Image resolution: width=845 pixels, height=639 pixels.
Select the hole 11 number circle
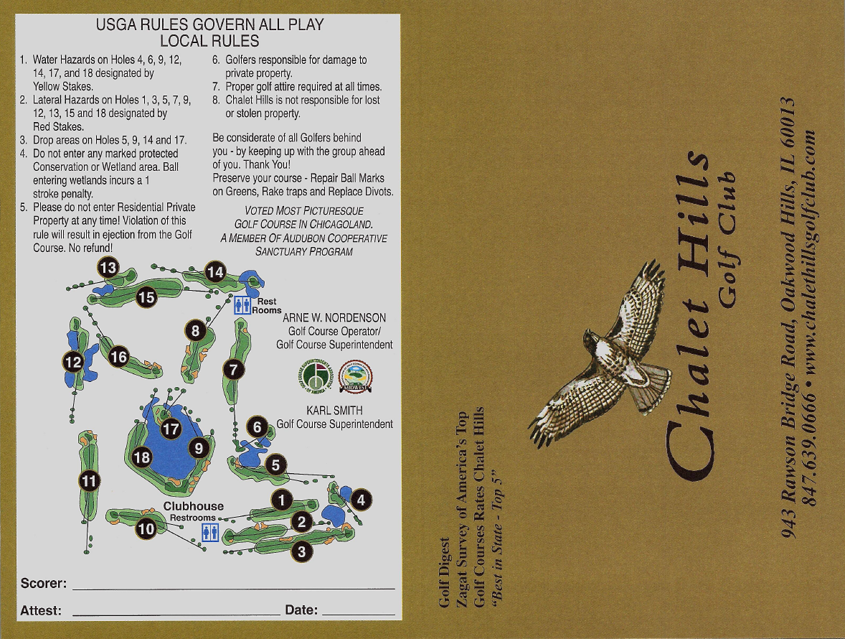point(89,480)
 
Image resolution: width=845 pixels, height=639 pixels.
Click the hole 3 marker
point(302,551)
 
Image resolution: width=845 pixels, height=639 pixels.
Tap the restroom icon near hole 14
point(242,305)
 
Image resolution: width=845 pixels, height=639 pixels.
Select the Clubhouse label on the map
point(194,506)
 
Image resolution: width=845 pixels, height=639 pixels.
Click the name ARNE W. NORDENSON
point(334,317)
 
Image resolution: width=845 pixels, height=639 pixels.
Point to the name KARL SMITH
point(334,411)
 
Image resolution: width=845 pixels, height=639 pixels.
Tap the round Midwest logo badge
point(355,376)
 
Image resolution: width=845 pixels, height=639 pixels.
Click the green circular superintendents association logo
point(314,376)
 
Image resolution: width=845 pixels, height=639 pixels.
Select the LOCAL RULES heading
point(209,41)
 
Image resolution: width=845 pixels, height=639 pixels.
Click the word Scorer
point(43,582)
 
